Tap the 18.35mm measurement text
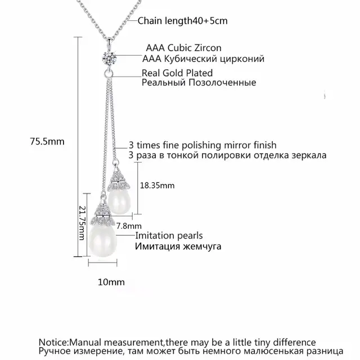pos(157,184)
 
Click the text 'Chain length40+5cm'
pos(171,21)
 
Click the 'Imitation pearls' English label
pos(169,236)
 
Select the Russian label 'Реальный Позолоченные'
pos(199,83)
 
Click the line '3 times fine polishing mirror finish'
pos(202,145)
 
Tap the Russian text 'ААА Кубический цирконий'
pos(204,58)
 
